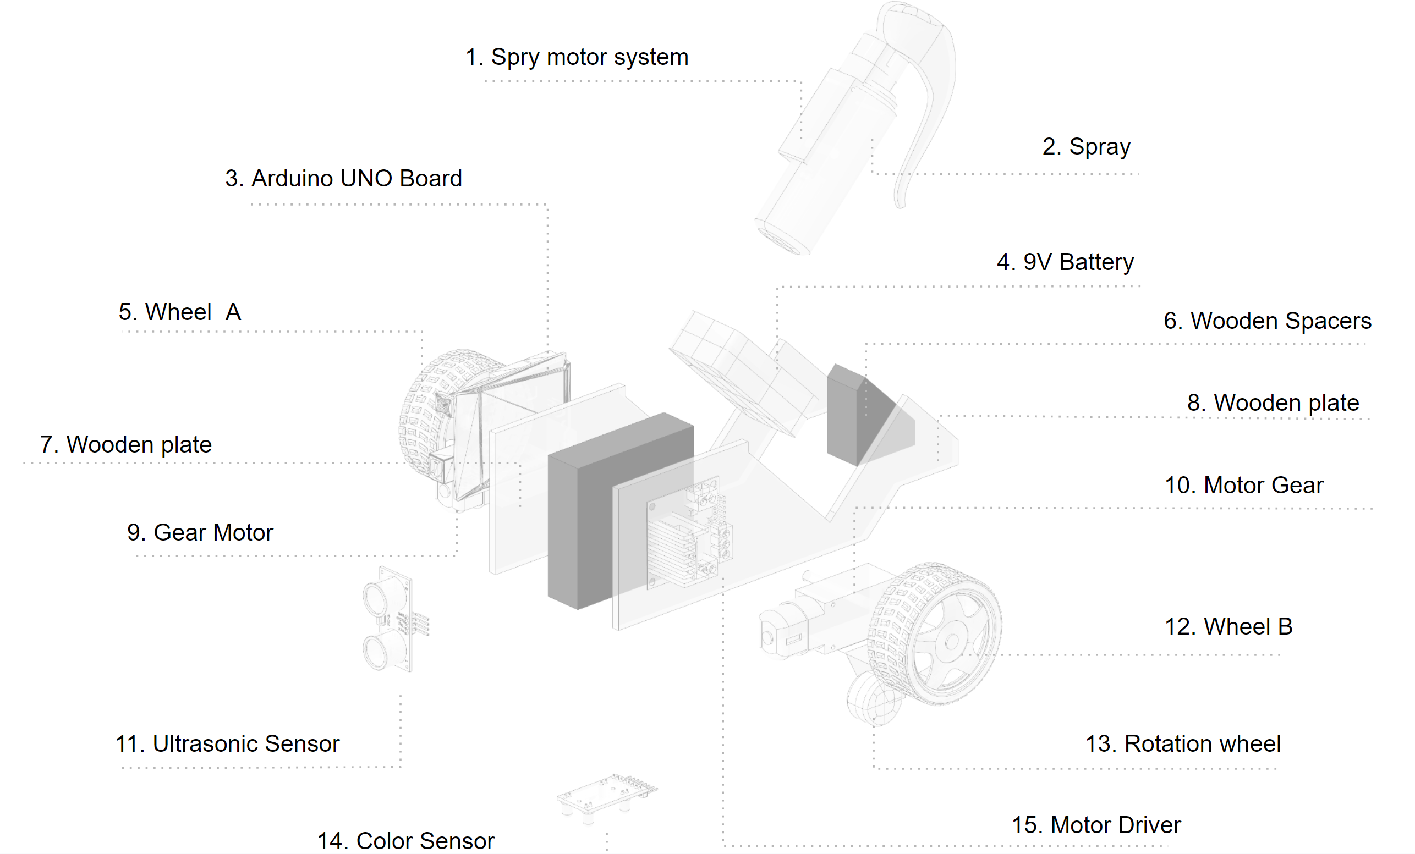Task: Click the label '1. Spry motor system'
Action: (576, 57)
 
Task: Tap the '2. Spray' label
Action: (1086, 147)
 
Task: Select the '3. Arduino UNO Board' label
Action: (343, 179)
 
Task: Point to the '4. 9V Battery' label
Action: (1065, 262)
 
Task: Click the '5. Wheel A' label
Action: (180, 312)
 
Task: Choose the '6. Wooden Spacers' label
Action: (1267, 321)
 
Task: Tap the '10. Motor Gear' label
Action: (1243, 486)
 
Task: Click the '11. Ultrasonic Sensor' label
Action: (227, 744)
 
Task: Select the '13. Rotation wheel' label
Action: (1182, 744)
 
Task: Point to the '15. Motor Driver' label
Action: (1096, 825)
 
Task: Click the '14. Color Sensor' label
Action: (405, 841)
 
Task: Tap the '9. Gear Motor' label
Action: (200, 533)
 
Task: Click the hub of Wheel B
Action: (952, 641)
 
